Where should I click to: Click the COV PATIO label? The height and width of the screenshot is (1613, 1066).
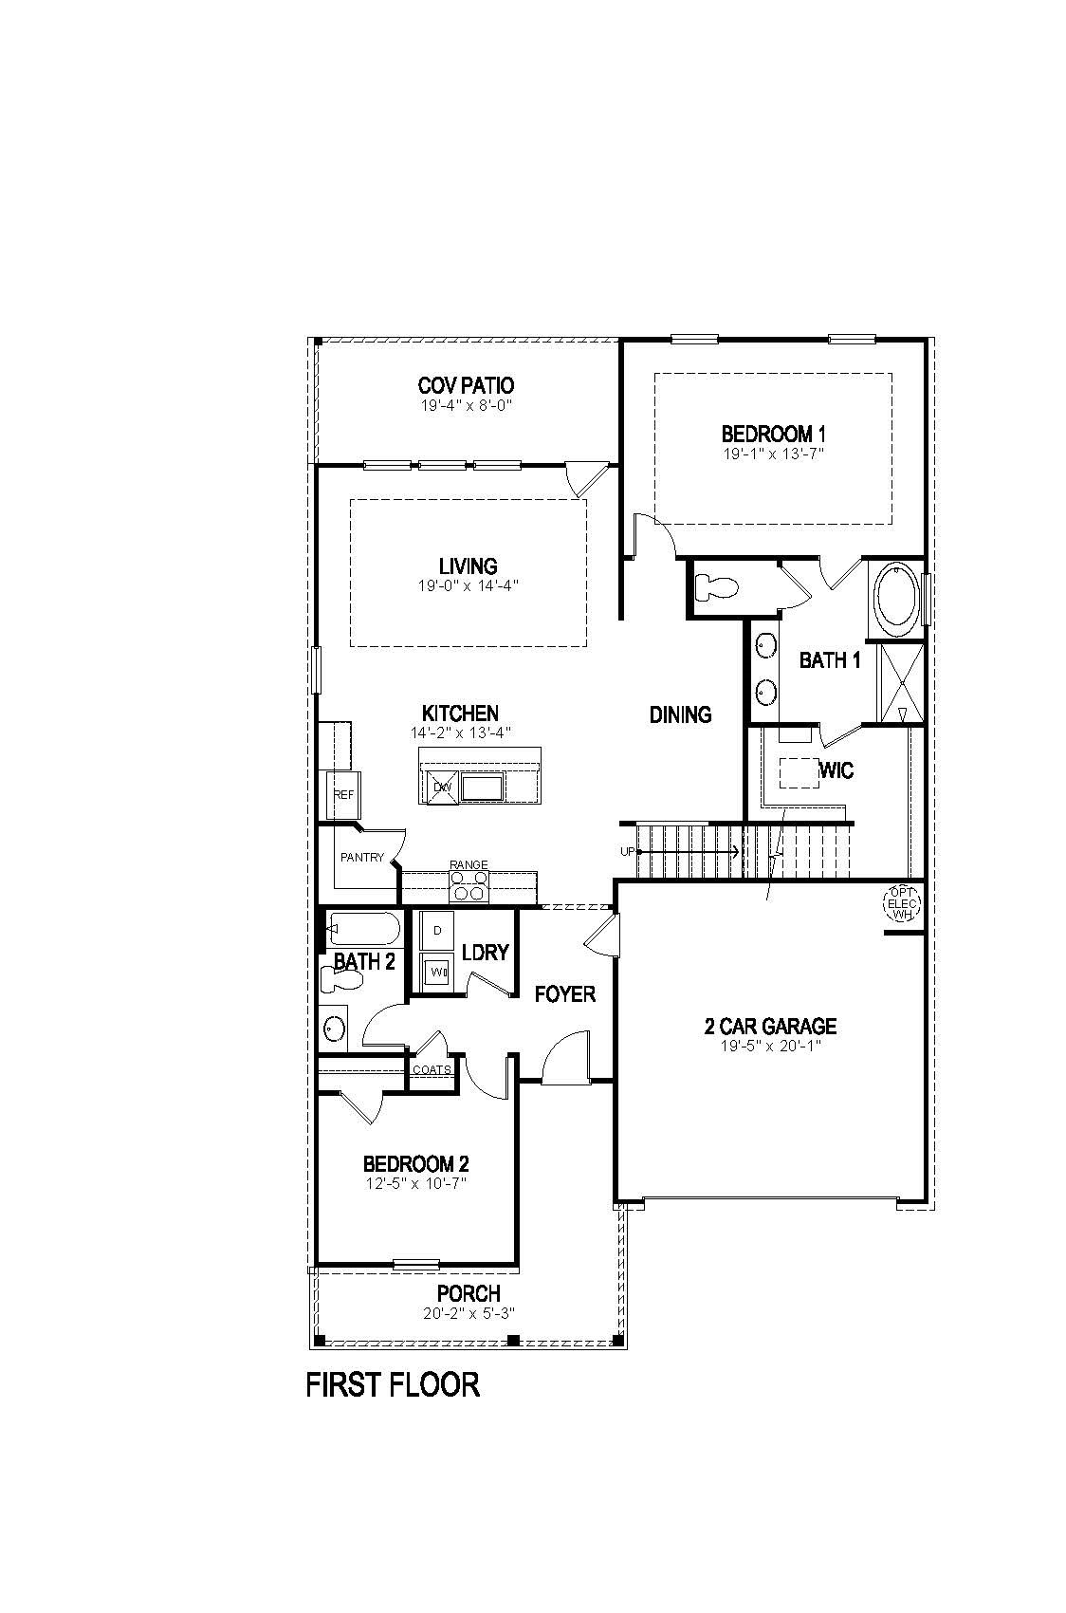(x=466, y=385)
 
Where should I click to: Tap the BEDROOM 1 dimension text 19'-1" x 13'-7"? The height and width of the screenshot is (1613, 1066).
(x=773, y=454)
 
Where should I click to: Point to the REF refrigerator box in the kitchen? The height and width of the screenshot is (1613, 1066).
(x=342, y=795)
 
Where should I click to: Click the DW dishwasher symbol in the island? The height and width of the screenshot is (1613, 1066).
(x=441, y=787)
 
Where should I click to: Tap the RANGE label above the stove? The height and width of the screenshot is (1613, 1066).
(x=469, y=864)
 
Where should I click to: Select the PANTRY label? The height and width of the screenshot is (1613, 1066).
(x=361, y=857)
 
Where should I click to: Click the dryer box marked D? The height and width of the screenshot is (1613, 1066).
(x=437, y=931)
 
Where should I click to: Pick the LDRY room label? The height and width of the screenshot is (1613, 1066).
(x=485, y=952)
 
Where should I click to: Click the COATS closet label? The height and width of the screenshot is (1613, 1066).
(x=431, y=1069)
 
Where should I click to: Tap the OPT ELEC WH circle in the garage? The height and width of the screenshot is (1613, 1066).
(x=901, y=903)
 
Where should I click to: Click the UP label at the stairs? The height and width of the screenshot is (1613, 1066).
(x=627, y=852)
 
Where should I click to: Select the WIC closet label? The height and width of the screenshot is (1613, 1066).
(x=836, y=770)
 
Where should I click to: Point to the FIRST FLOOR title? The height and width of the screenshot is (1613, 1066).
(x=393, y=1384)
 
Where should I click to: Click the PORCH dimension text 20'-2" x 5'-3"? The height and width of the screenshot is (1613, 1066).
(x=469, y=1314)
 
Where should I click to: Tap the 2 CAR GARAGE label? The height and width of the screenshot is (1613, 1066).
(x=770, y=1026)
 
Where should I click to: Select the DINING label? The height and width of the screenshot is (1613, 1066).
(x=680, y=714)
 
